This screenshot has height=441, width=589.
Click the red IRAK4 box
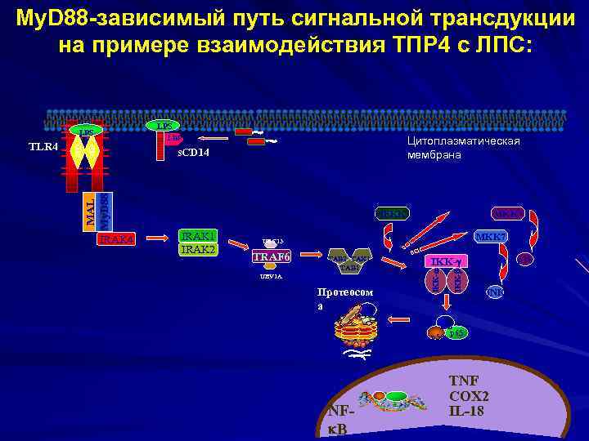coord(115,239)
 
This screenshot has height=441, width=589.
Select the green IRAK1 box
coord(197,235)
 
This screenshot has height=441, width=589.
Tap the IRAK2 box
coord(197,248)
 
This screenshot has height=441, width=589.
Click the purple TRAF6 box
coord(271,256)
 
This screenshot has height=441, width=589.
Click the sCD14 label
coord(194,153)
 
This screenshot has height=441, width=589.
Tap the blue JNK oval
coord(496,292)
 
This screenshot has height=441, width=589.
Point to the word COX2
coord(468,395)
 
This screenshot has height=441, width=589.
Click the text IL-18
coord(467,410)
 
